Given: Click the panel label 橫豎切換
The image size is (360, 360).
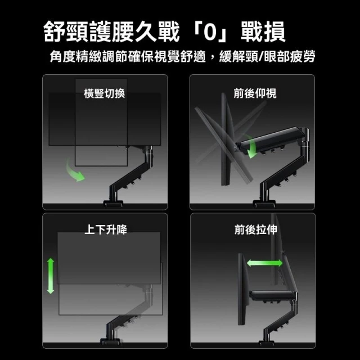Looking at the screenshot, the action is [x=105, y=94].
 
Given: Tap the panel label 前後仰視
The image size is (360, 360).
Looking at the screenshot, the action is [x=255, y=93].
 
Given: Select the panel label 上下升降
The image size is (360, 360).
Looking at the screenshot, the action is [x=106, y=229].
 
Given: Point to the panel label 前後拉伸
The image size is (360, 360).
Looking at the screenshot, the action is [x=256, y=229].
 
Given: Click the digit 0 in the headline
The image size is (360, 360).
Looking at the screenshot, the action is [x=210, y=31].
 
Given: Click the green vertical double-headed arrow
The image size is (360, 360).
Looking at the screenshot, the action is [x=51, y=276].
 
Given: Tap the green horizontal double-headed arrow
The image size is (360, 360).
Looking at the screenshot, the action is [x=264, y=263].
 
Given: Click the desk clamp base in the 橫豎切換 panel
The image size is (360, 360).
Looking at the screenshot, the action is [x=113, y=204].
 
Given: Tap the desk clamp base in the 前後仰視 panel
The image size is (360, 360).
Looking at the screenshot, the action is [x=264, y=204].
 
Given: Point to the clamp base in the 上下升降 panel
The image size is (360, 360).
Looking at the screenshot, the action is [x=110, y=341].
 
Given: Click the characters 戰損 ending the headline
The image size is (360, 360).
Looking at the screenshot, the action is [x=263, y=31].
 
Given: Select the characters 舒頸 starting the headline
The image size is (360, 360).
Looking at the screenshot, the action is [x=66, y=31].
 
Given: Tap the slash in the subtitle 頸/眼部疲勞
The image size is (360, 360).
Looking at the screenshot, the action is [x=261, y=56].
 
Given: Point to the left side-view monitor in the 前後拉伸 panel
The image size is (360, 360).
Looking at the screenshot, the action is [x=244, y=289].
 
